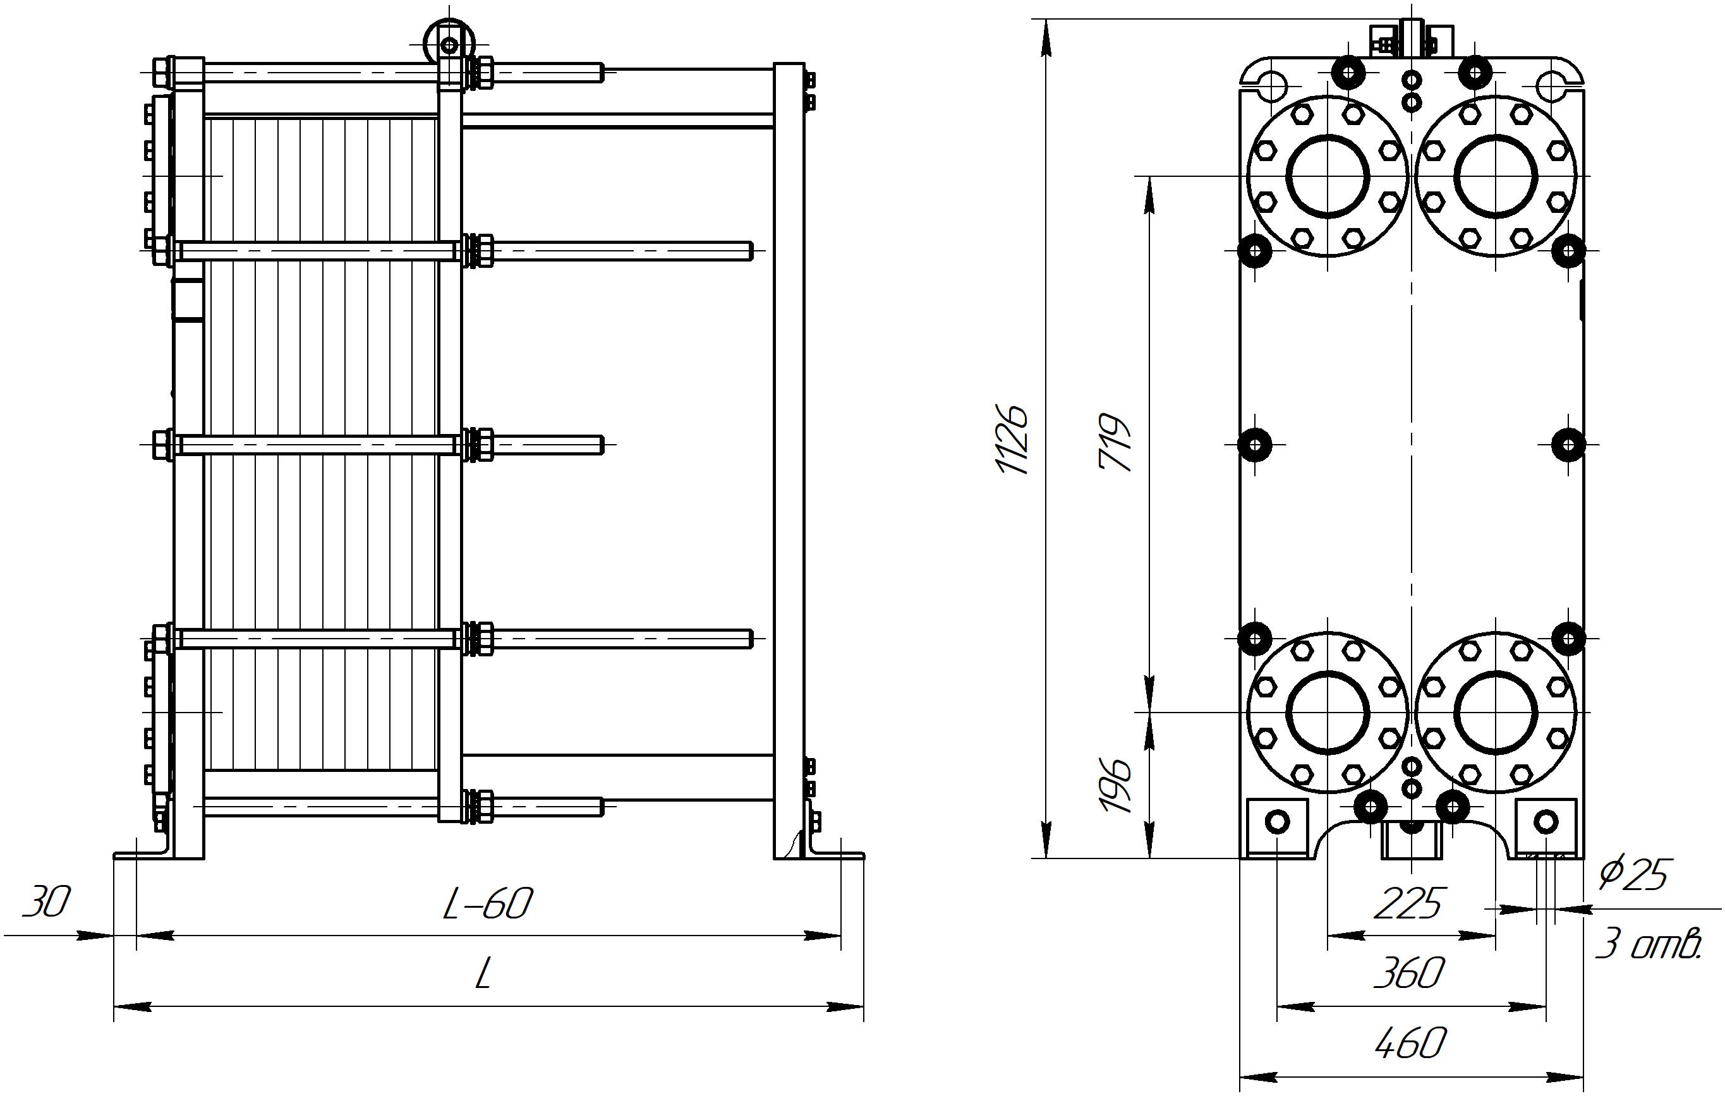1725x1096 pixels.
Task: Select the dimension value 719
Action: coord(1115,442)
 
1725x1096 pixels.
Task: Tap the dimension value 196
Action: coord(1115,784)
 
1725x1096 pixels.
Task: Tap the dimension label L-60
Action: coord(487,904)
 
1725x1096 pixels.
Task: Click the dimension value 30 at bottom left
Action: coord(47,902)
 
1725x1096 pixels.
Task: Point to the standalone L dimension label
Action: coord(483,975)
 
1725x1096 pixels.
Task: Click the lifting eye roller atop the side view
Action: coord(449,44)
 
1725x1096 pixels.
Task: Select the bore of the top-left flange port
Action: coord(1328,176)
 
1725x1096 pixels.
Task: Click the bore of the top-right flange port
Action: coord(1496,176)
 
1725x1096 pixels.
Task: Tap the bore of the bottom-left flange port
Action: coord(1328,713)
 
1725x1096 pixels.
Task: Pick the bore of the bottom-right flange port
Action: coord(1496,713)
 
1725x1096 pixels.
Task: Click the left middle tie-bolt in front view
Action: coord(1255,445)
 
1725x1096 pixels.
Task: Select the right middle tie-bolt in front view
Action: coord(1568,445)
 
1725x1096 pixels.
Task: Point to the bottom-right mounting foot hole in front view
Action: coord(1546,821)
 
